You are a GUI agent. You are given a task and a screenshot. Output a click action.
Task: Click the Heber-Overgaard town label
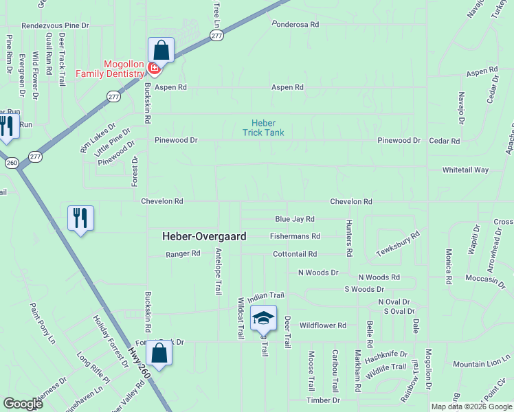(x=204, y=236)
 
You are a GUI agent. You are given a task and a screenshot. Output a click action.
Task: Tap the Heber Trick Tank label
(x=263, y=128)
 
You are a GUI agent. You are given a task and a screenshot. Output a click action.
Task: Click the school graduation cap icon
(x=263, y=318)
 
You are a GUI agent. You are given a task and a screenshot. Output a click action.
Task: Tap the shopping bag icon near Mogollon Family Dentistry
(x=161, y=49)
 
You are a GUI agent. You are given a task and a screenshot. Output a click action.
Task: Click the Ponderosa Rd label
(x=295, y=24)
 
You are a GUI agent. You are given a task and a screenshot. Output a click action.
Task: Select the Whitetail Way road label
(x=465, y=170)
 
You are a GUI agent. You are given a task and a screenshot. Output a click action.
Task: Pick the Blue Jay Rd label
(x=294, y=219)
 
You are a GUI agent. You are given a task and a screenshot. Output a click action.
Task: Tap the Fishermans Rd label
(x=295, y=236)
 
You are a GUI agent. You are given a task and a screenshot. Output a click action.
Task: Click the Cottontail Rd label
(x=294, y=253)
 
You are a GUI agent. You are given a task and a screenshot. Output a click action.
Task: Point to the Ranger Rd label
(x=183, y=253)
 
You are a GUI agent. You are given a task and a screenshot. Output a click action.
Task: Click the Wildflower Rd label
(x=323, y=325)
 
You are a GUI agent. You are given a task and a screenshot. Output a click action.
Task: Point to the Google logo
(x=23, y=404)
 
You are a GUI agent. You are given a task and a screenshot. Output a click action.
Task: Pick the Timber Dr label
(x=323, y=400)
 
